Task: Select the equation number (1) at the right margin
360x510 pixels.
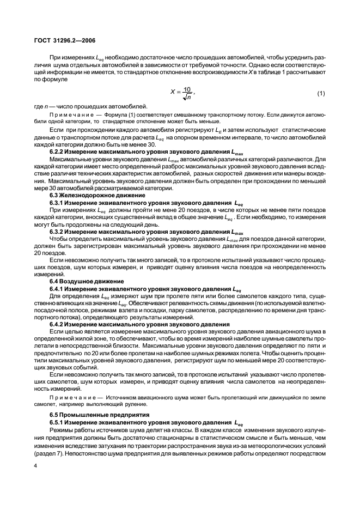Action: pyautogui.click(x=321, y=94)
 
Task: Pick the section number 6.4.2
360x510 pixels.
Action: pyautogui.click(x=59, y=324)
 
